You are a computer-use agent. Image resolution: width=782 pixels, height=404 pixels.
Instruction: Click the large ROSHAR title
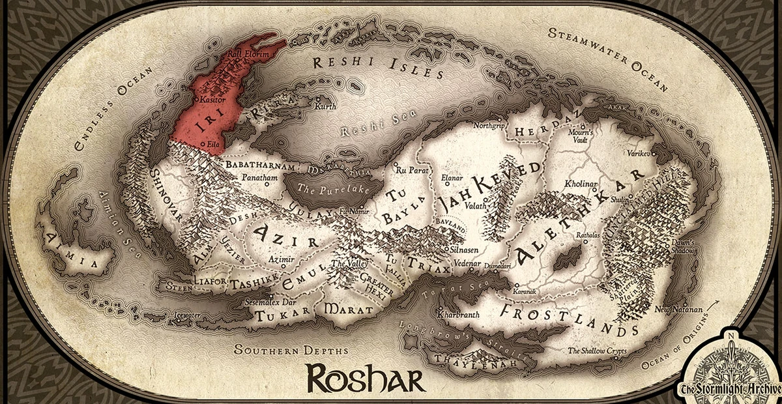pos(366,377)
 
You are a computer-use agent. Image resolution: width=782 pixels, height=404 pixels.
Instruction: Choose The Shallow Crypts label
pos(596,351)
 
